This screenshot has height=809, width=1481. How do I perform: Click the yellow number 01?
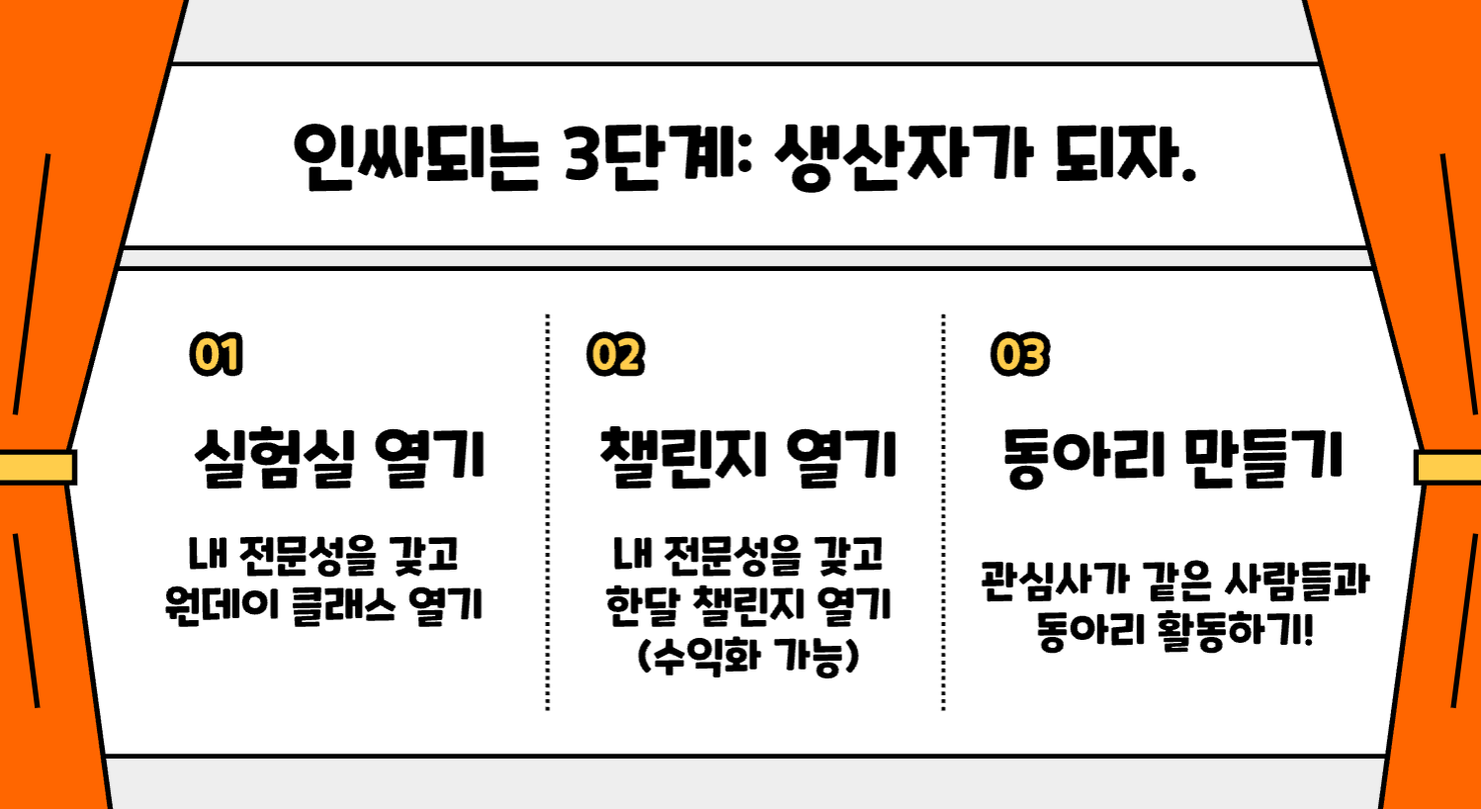pos(217,355)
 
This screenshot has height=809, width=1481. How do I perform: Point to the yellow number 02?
pos(615,355)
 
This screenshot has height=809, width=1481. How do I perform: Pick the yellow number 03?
pos(1019,355)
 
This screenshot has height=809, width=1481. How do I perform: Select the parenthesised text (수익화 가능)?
pos(748,656)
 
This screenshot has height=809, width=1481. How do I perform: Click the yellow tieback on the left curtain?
pos(37,467)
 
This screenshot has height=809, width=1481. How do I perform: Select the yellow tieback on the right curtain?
pos(1448,467)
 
